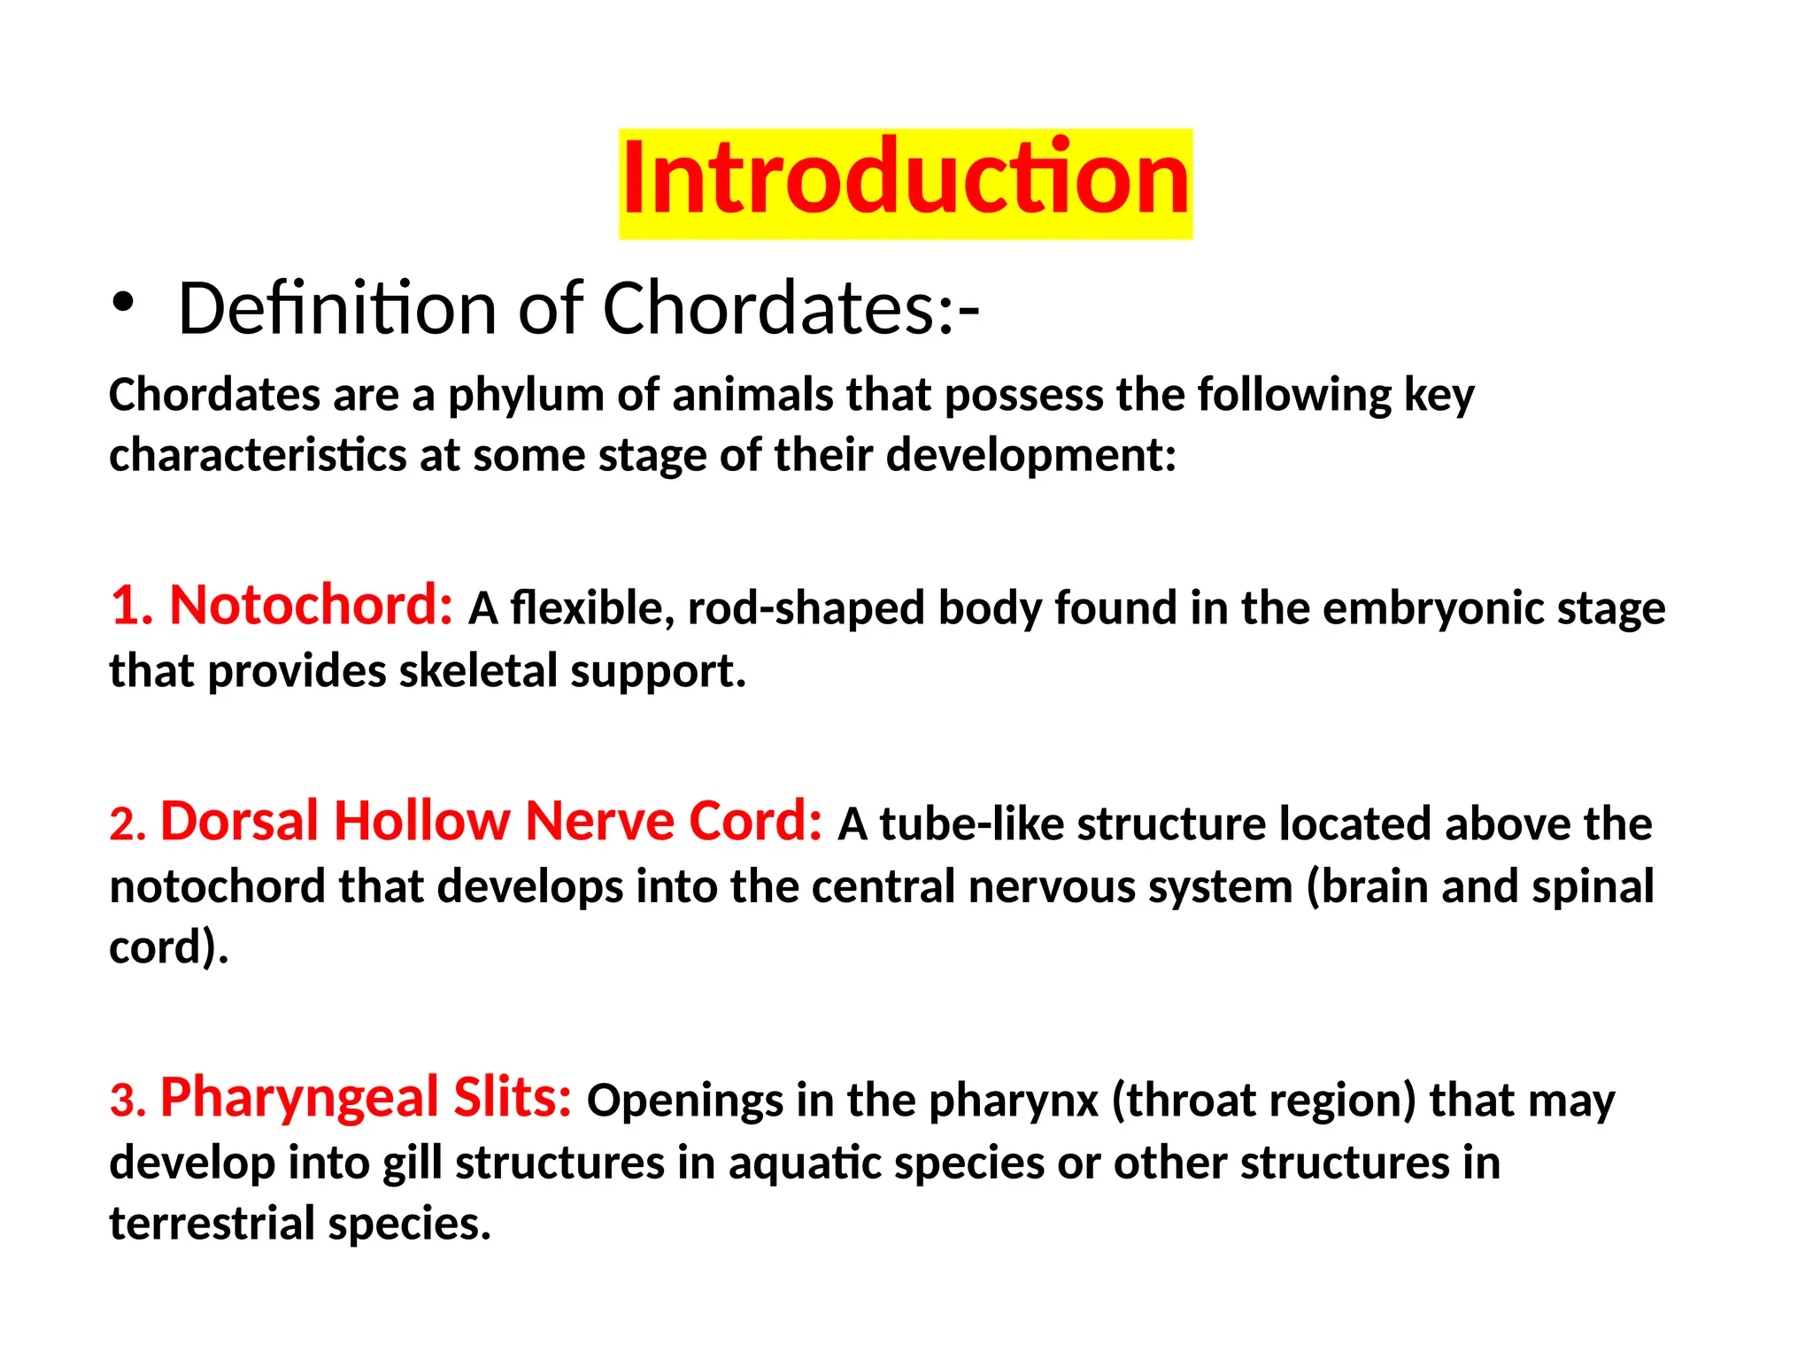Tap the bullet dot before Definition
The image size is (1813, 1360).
123,304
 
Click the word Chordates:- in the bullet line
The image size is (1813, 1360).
791,308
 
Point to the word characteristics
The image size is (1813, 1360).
258,455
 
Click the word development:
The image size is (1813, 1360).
1031,457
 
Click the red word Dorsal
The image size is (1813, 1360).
239,821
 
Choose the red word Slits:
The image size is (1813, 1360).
513,1097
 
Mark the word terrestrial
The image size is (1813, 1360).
212,1224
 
